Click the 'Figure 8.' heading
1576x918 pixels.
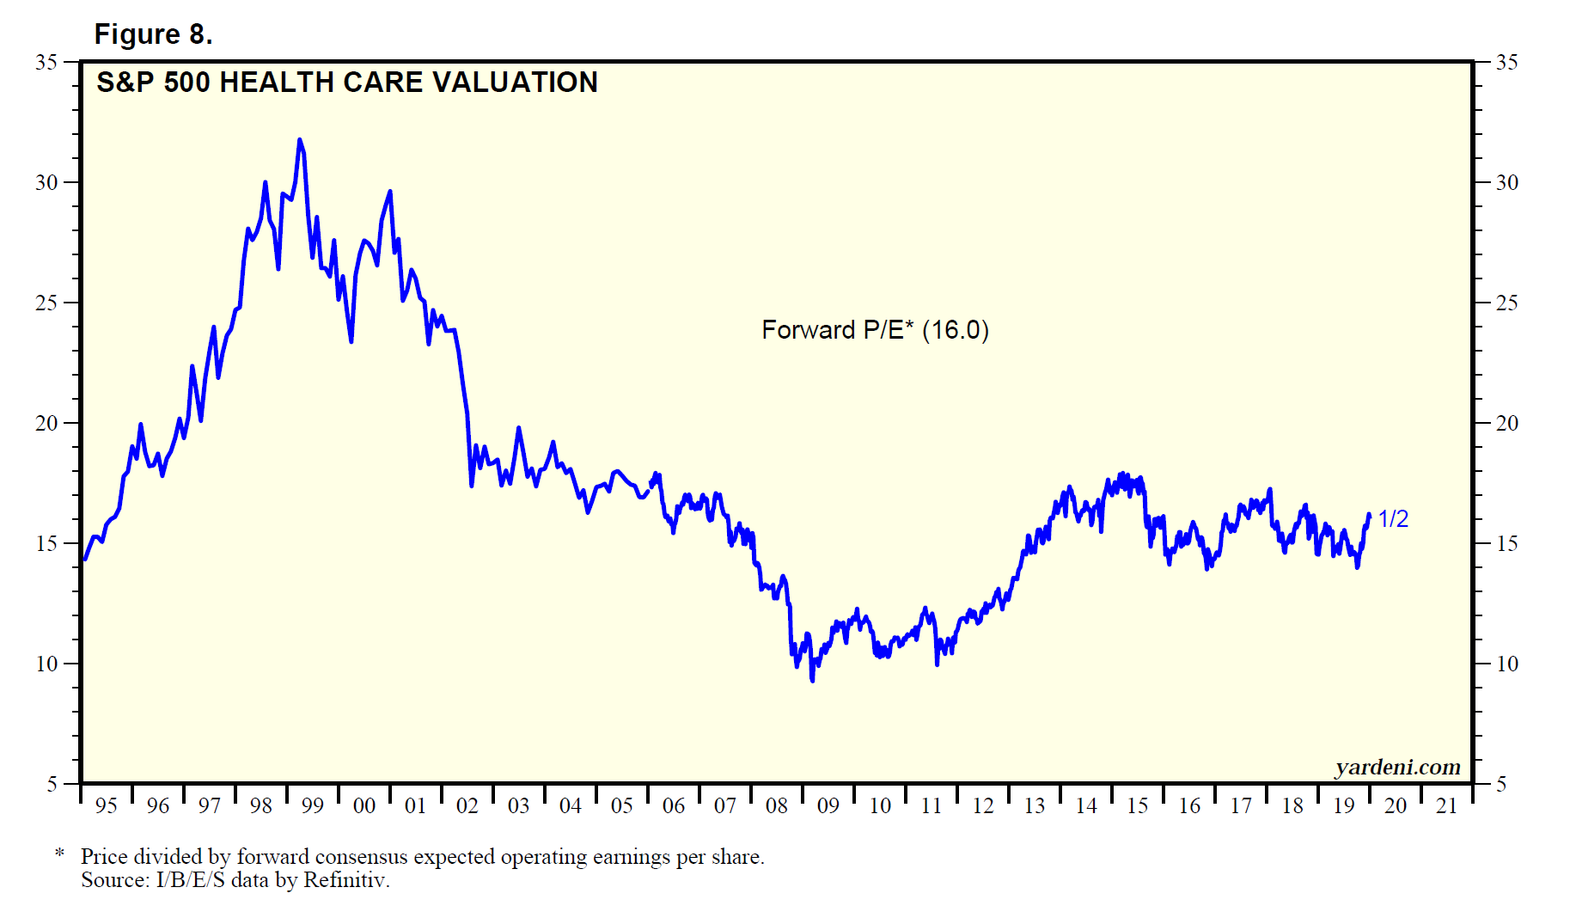tap(153, 34)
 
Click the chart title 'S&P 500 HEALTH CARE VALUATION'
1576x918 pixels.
tap(346, 83)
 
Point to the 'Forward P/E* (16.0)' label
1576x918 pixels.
tap(875, 330)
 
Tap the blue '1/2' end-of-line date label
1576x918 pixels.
tap(1393, 519)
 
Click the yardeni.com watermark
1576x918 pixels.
tap(1397, 767)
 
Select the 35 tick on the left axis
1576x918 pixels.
tap(46, 62)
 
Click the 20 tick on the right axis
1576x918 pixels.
tap(1506, 423)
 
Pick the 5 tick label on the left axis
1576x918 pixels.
tap(52, 784)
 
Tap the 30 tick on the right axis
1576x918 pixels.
tap(1506, 182)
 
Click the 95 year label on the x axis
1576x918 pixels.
tap(106, 806)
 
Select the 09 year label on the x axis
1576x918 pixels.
tap(828, 806)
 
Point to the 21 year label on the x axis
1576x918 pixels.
tap(1446, 806)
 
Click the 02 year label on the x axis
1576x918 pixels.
tap(467, 806)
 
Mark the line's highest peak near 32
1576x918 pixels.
tap(299, 139)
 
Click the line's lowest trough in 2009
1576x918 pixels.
tap(812, 681)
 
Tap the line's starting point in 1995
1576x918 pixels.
tap(84, 559)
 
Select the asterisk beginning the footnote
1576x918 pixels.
tap(59, 854)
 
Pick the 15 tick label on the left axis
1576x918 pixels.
tap(46, 543)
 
